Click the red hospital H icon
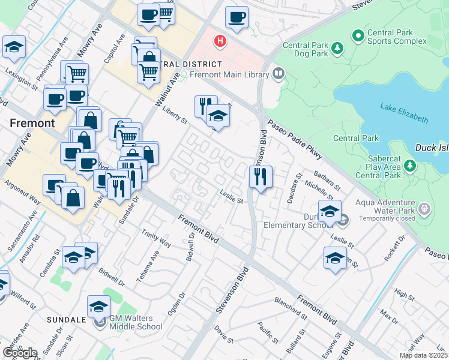click(221, 41)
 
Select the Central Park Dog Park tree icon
click(337, 47)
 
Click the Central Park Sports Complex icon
click(358, 37)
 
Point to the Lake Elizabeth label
click(404, 112)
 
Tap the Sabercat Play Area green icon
click(410, 164)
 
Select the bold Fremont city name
click(32, 123)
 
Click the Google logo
click(20, 353)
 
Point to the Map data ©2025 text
click(423, 355)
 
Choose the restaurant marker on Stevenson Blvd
click(261, 177)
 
